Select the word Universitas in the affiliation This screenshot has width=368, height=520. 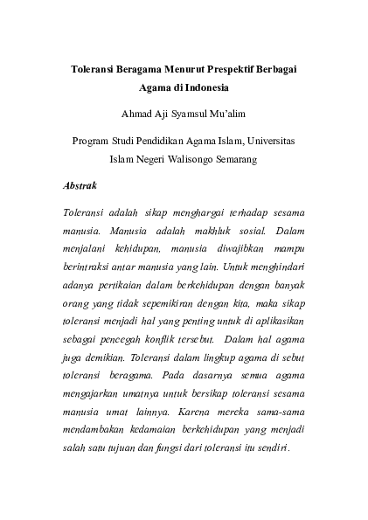tap(271, 141)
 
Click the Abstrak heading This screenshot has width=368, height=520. tap(80, 185)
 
